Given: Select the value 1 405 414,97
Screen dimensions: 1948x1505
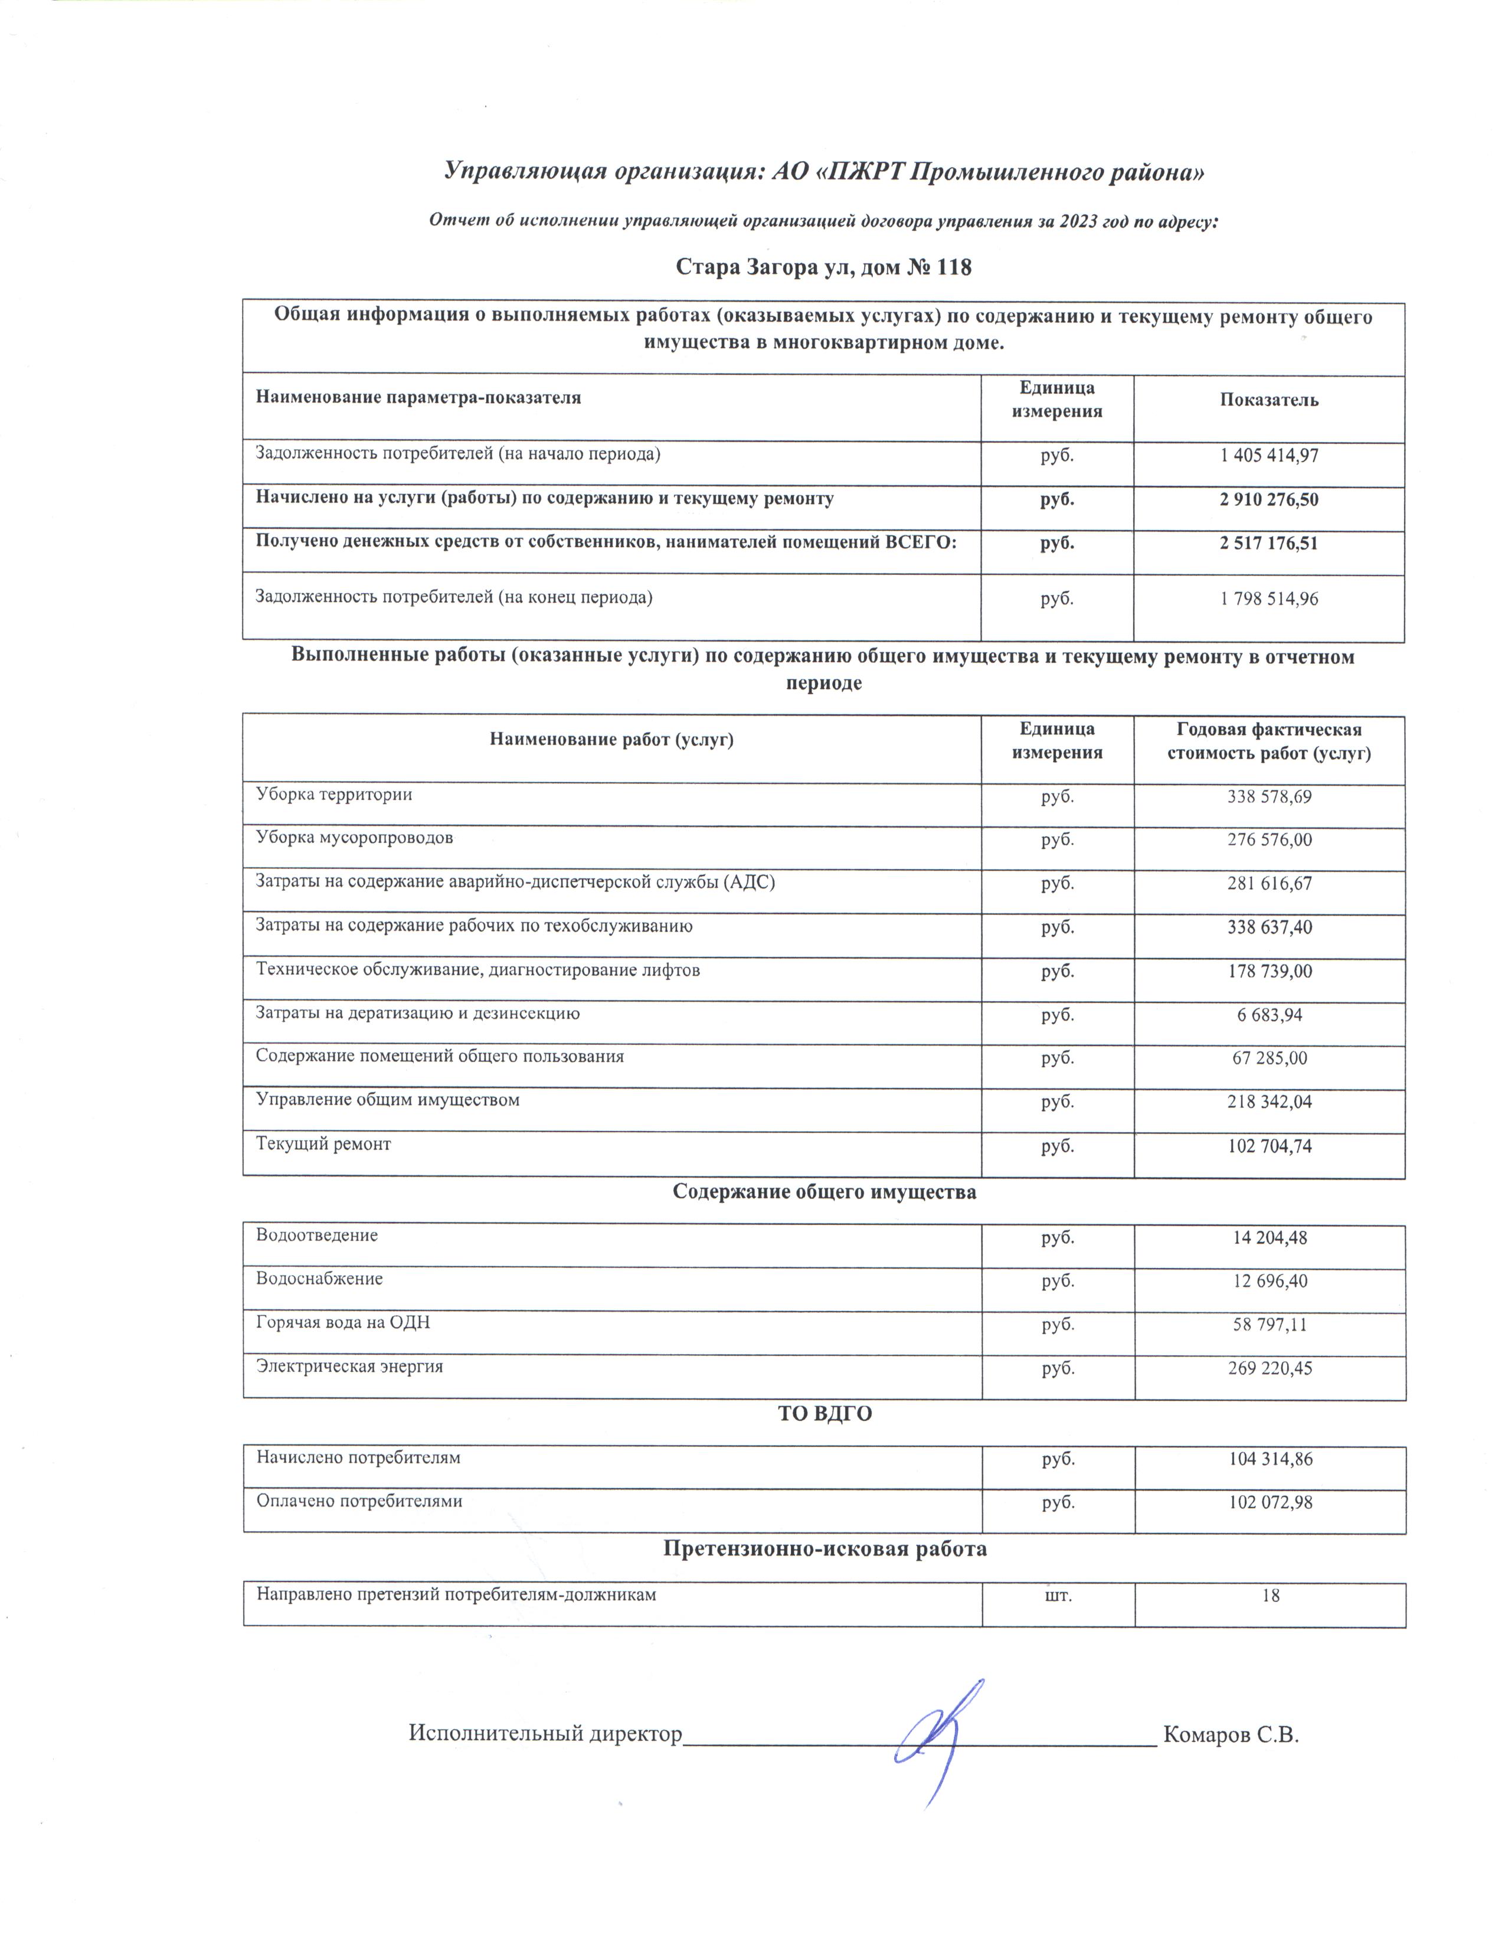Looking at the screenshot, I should coord(1269,456).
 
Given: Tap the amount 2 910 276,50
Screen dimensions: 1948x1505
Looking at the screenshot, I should coord(1269,499).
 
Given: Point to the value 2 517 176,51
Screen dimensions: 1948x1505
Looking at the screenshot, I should coord(1269,543).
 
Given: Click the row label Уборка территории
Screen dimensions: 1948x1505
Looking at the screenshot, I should coord(334,794).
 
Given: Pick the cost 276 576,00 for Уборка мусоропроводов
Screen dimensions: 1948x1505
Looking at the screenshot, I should coord(1269,839).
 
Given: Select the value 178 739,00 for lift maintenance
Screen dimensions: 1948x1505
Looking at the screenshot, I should coord(1269,970).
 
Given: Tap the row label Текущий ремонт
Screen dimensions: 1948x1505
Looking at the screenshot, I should coord(323,1143).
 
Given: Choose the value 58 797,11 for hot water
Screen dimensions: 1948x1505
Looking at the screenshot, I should coord(1269,1325).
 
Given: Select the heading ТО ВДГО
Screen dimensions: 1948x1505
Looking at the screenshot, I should coord(825,1414).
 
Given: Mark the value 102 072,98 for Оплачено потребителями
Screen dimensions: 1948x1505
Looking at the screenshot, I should coord(1269,1502).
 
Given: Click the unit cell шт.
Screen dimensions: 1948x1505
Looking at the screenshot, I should coord(1058,1594).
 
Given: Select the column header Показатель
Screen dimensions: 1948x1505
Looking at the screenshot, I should coord(1269,400).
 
